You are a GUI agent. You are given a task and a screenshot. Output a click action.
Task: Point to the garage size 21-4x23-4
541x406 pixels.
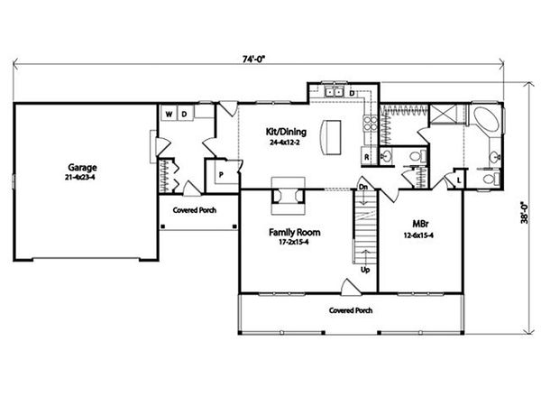pos(82,179)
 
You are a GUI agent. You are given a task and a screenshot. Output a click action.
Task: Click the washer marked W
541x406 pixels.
pos(169,115)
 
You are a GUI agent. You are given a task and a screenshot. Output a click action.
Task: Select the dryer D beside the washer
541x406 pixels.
pos(183,115)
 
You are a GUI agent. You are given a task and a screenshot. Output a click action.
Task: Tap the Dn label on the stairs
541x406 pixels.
pos(362,187)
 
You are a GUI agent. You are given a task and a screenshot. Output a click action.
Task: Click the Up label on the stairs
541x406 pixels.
pos(364,269)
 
